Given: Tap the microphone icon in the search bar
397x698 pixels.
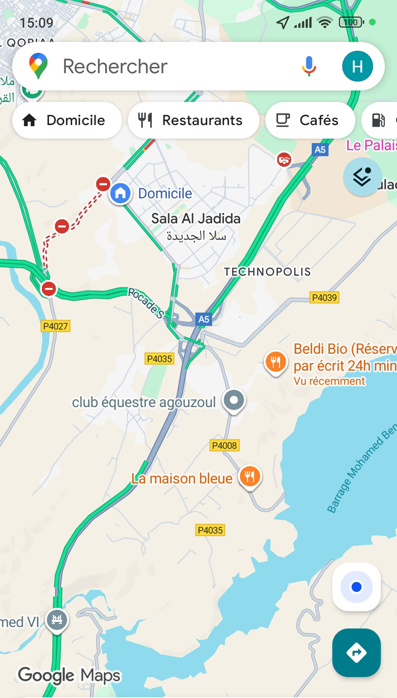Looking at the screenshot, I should pos(309,66).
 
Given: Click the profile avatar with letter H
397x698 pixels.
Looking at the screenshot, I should pos(357,66).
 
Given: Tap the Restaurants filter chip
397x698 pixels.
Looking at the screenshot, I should pos(193,120).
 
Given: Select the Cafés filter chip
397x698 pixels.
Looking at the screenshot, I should pos(310,120).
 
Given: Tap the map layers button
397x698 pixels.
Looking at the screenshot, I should pos(362,177).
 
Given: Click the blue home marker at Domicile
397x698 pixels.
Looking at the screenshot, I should pos(120,193).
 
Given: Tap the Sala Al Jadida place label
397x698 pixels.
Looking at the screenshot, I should pos(196,219).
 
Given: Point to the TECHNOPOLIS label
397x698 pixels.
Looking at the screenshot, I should pos(267,272).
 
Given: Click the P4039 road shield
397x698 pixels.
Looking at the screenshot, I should pos(324,298).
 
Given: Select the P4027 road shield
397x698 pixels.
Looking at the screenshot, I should pos(56,326).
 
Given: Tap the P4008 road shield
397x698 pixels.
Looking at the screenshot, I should pos(224,445).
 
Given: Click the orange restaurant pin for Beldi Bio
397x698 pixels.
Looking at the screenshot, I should pos(275,362).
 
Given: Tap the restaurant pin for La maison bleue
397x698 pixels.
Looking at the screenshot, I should pos(250,477).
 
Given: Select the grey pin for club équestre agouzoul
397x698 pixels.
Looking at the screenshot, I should pos(234,400).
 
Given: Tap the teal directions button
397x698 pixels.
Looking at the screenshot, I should pos(356,653).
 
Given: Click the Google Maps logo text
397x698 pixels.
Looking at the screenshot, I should pos(69,675).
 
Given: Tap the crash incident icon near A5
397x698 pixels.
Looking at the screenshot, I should pos(284,160).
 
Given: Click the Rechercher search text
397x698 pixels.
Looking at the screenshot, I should pos(115,67).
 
